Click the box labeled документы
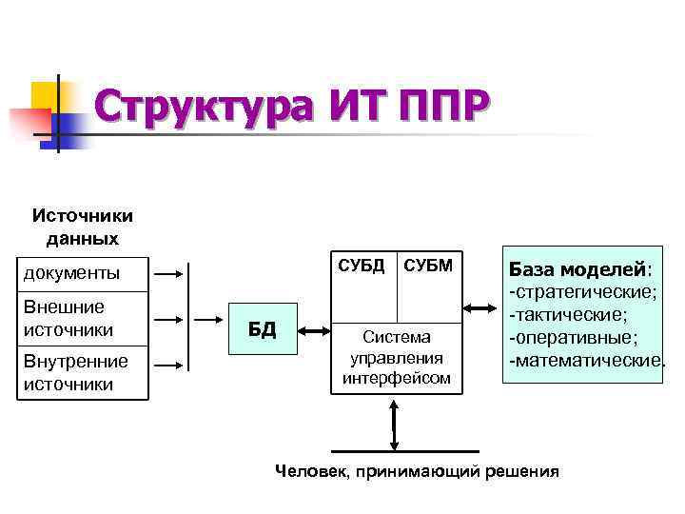(x=84, y=273)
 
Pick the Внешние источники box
(x=84, y=319)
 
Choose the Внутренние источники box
(x=84, y=372)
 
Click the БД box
(x=263, y=329)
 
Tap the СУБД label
(x=362, y=263)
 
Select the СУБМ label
(x=427, y=263)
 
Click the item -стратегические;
(x=582, y=289)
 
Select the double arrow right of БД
(x=315, y=330)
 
